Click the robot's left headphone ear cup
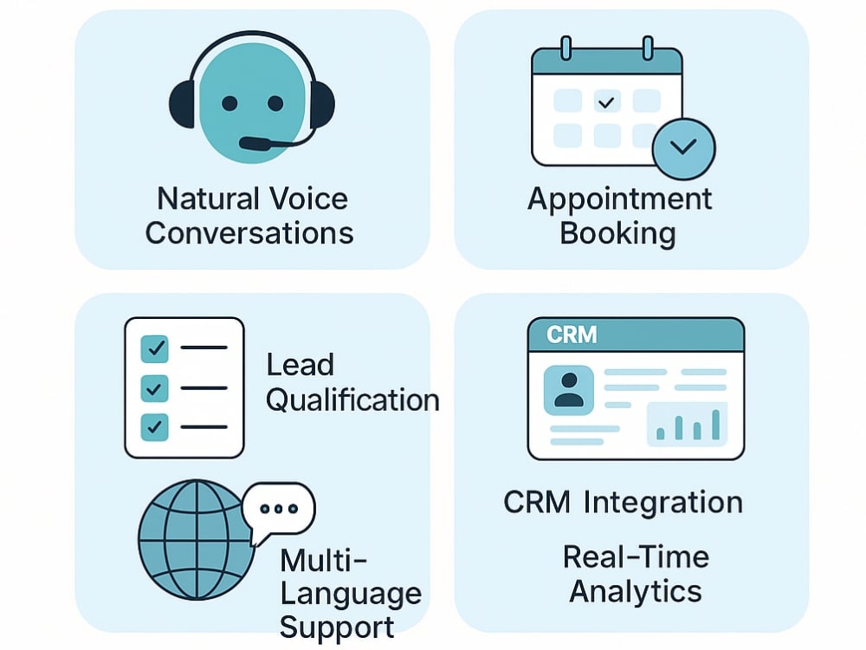coord(182,104)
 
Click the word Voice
coord(309,198)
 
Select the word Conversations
coord(249,232)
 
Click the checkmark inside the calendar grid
coord(606,102)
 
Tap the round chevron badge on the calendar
coord(683,148)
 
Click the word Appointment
coord(620,200)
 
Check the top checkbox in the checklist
coord(155,348)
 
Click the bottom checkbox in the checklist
coord(155,426)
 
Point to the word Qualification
coord(352,400)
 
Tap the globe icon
coord(195,539)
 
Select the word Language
coord(351,595)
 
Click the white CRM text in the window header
coord(572,335)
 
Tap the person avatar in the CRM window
coord(569,390)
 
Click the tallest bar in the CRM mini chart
coord(716,425)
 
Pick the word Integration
coord(663,504)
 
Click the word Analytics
coord(636,591)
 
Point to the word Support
coord(337,628)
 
